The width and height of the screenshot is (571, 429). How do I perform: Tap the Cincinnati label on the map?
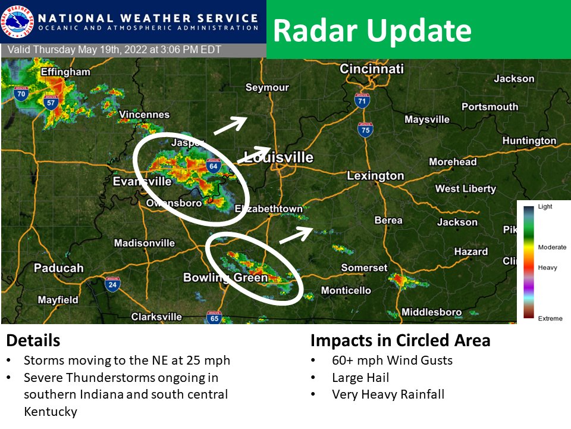point(372,69)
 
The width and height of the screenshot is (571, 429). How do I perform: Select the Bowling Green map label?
point(217,278)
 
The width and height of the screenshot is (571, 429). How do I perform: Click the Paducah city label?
point(58,268)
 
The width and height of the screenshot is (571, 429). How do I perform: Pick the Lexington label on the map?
point(375,176)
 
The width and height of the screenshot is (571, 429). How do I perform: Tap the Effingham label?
point(65,73)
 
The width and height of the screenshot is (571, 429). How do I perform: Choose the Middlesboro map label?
point(432,312)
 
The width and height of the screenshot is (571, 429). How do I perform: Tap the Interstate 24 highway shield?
point(112,285)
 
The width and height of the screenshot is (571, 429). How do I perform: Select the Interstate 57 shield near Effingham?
point(50,102)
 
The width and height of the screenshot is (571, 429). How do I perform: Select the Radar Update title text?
point(372,30)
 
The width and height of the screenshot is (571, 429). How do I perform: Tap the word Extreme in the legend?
point(550,319)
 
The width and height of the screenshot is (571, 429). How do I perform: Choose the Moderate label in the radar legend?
point(552,247)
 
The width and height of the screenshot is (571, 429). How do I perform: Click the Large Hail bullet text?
point(360,377)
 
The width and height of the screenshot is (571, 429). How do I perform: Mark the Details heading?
point(33,340)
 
